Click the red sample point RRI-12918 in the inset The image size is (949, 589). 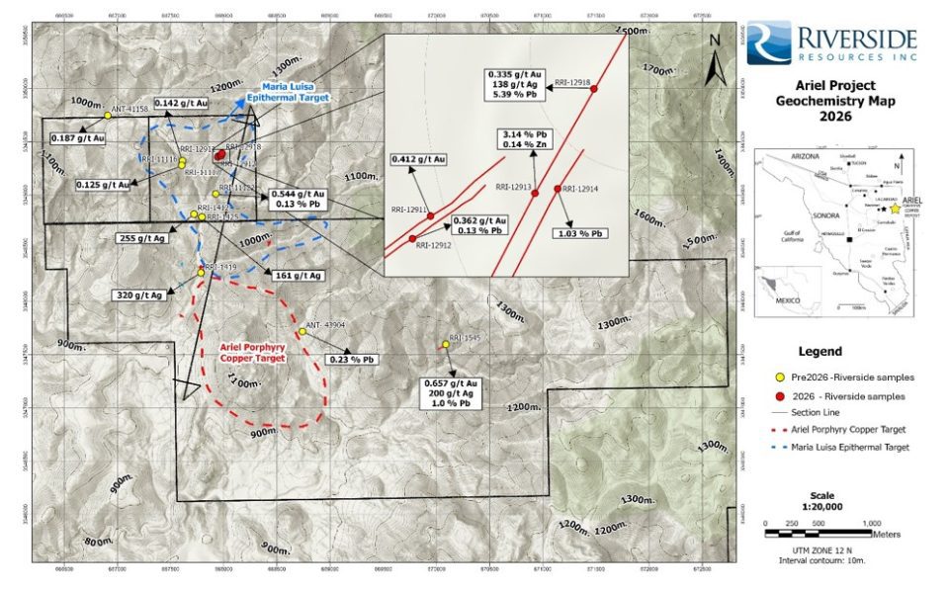pos(594,90)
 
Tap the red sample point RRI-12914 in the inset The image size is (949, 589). pos(558,189)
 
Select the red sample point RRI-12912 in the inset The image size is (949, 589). pos(412,238)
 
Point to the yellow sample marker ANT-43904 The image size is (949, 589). pos(302,331)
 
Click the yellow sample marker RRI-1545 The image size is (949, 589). pos(445,345)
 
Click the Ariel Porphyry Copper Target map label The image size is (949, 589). pos(251,352)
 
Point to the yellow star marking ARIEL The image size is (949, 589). pos(894,210)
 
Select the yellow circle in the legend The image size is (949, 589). pos(780,377)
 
